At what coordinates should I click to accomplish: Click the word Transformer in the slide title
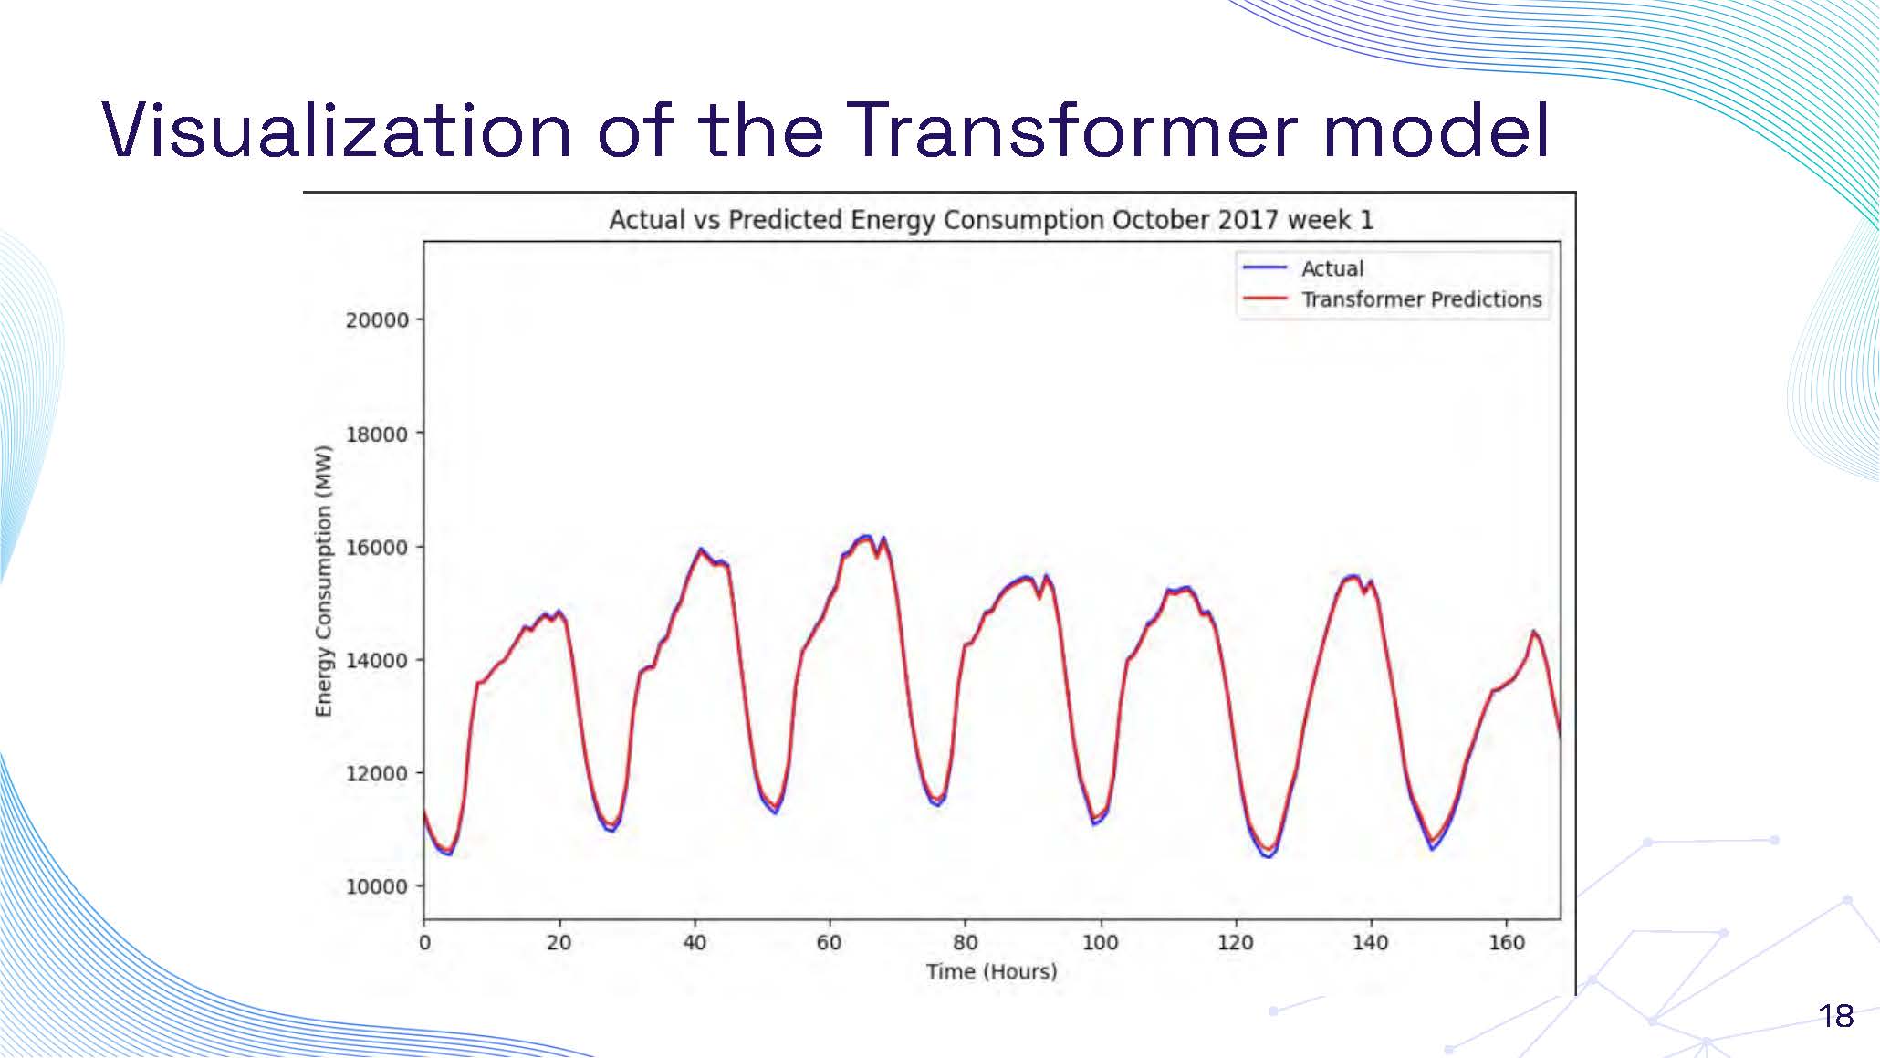click(1070, 131)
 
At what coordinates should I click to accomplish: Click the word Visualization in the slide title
click(337, 131)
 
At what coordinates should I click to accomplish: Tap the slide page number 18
click(1835, 1016)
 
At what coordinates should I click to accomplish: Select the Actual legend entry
click(1332, 268)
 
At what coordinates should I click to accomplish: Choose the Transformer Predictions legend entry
click(1421, 299)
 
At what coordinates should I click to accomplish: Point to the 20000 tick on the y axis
click(377, 320)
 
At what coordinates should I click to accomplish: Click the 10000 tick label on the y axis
click(377, 886)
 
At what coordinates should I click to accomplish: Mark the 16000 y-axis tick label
click(377, 547)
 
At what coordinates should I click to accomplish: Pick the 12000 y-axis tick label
click(377, 773)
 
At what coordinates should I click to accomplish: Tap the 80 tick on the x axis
click(965, 942)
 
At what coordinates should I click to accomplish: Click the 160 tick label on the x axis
click(1506, 942)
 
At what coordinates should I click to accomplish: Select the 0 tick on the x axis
click(424, 942)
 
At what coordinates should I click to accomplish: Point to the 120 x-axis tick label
click(1235, 942)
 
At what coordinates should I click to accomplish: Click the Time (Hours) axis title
click(991, 971)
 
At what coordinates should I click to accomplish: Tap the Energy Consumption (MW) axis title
click(323, 581)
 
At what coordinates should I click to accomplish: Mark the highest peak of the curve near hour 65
click(865, 537)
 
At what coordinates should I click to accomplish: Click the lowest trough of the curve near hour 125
click(1268, 854)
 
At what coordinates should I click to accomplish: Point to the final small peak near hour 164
click(1534, 632)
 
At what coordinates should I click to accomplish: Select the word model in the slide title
click(1436, 131)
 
